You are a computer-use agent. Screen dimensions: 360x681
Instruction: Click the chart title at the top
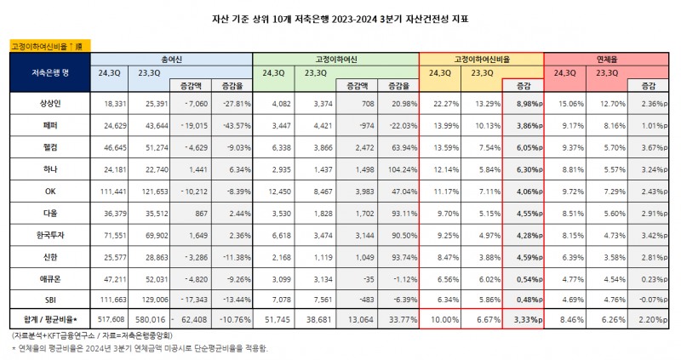tap(340, 18)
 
